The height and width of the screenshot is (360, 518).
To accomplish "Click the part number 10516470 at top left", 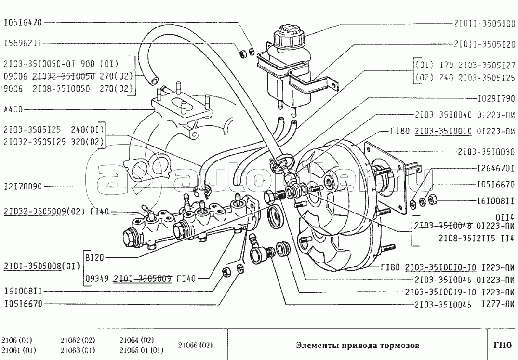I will (23, 22).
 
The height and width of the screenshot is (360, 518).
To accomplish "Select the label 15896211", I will (23, 42).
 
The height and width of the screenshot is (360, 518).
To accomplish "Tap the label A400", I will (13, 109).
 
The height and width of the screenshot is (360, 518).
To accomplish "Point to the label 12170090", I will (23, 186).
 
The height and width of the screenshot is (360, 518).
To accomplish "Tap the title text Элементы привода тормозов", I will (357, 345).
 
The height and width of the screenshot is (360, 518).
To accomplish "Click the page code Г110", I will (502, 345).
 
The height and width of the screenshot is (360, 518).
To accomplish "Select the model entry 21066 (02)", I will (195, 345).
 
